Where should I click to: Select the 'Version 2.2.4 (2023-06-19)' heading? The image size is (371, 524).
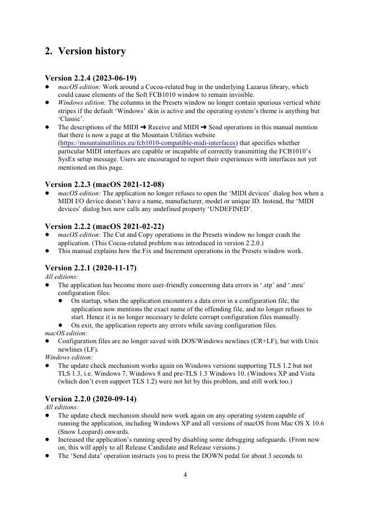90,78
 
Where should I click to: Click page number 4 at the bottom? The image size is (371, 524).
185,475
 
